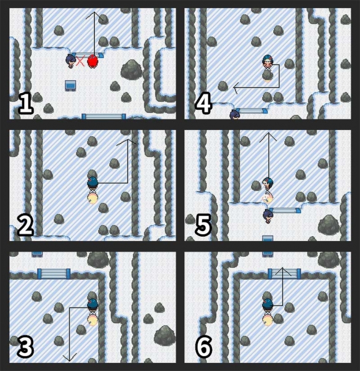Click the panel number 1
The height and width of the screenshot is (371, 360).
point(26,103)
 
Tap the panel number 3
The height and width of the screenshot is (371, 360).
point(25,346)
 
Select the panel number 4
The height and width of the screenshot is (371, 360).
point(203,103)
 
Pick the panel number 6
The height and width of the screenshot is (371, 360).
point(203,346)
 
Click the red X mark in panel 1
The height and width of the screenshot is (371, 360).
point(81,61)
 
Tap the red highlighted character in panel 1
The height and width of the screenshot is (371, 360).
point(92,62)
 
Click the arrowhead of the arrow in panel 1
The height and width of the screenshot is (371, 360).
point(94,15)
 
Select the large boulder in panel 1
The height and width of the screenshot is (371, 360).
point(131,69)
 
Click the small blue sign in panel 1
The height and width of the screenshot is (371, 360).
point(70,86)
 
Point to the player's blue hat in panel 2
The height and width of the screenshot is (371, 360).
point(92,181)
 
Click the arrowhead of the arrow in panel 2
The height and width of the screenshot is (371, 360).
point(127,142)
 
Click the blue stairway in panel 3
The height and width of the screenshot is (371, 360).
point(54,274)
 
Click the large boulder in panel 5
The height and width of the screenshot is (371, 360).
point(329,225)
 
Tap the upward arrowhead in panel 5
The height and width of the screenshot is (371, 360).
point(268,137)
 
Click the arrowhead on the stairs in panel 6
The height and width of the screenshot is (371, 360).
point(283,272)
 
